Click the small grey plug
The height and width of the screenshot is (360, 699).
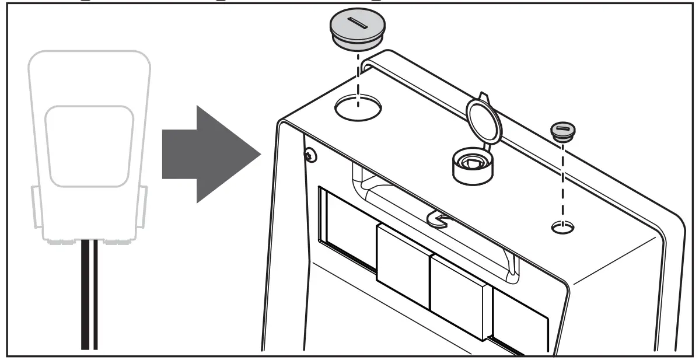(562, 132)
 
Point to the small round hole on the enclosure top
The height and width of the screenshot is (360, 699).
(562, 227)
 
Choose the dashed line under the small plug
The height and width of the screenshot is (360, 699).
(562, 181)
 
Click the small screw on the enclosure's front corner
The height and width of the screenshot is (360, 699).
(310, 155)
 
